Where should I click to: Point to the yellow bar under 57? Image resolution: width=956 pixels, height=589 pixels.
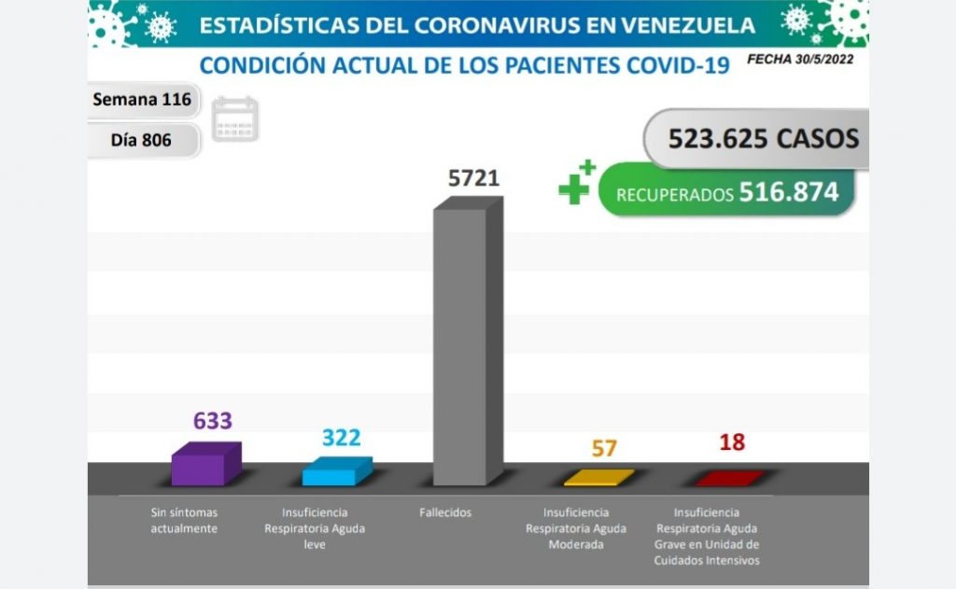pos(598,478)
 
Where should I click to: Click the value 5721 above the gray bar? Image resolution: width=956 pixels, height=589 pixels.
pos(473,178)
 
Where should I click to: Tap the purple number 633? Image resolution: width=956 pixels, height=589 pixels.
pos(212,421)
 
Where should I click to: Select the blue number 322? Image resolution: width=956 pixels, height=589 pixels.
pos(341,437)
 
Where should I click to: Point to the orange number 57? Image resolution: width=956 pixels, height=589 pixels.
pos(604,448)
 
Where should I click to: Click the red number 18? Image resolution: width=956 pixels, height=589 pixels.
pos(732,442)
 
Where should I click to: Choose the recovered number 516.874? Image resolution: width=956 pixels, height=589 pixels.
pos(789,192)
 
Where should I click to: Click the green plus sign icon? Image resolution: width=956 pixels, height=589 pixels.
pos(575,185)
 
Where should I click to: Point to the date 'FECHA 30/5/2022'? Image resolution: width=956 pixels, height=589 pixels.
pos(799,59)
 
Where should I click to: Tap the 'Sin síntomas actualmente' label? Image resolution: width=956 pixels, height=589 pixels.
pos(184,521)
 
